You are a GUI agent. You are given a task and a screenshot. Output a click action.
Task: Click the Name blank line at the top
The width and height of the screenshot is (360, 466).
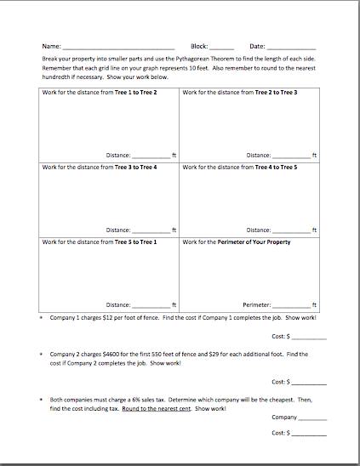coord(119,47)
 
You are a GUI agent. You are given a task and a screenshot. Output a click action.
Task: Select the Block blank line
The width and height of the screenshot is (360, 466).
coord(221,47)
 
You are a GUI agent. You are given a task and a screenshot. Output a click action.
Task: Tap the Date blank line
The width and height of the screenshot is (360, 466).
coord(291,47)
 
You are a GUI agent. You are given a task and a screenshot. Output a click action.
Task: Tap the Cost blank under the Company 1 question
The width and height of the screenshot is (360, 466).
coord(310,338)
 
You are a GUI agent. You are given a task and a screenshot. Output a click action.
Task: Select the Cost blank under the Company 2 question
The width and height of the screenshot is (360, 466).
coord(310,383)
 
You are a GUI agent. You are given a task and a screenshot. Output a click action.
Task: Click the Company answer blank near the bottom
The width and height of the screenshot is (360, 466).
coord(312,418)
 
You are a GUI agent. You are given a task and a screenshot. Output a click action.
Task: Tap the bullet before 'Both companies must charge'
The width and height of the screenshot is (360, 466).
coord(42,399)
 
